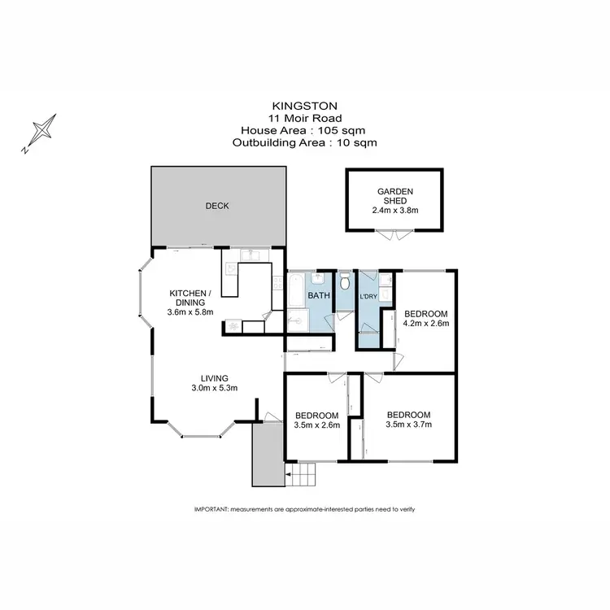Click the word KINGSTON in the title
(304, 106)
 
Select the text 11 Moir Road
(304, 118)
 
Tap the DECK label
(217, 206)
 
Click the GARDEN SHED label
(395, 197)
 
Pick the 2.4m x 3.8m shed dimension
(395, 209)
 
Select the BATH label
(318, 296)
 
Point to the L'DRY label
(368, 296)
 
